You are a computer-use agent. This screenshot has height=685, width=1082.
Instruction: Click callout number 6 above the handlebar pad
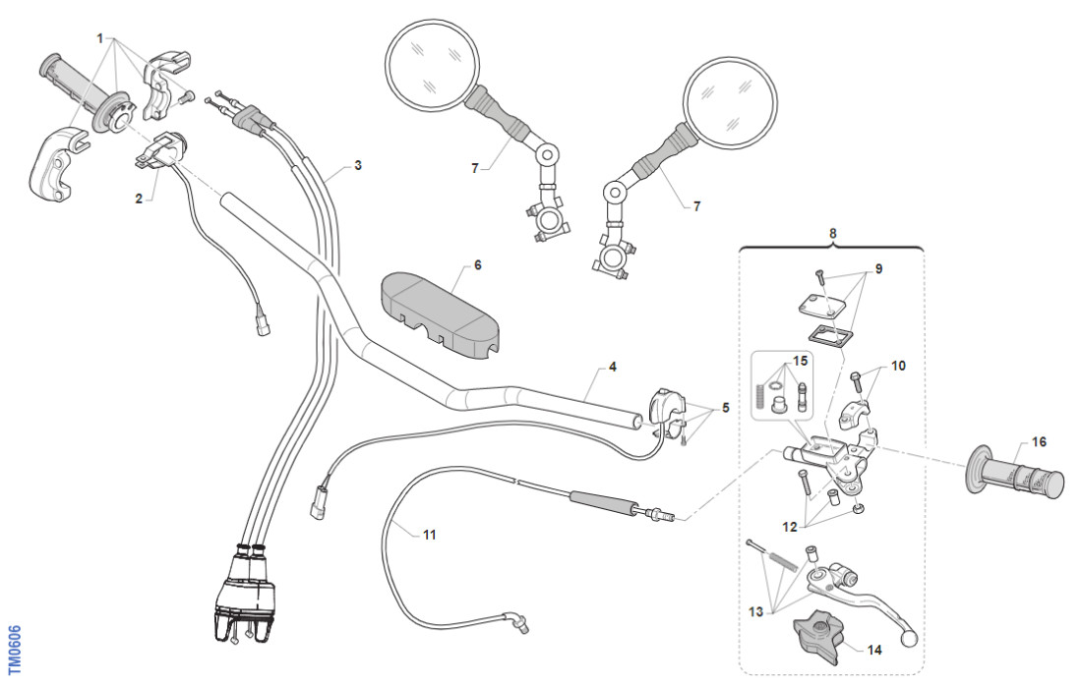tap(478, 265)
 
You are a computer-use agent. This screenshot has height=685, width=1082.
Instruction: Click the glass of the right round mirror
tap(730, 97)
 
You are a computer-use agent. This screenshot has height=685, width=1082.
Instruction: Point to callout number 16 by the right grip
tap(1039, 441)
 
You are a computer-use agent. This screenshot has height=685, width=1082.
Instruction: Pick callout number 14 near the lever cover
tap(873, 650)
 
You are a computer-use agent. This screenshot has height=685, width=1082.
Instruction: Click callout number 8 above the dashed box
tap(833, 234)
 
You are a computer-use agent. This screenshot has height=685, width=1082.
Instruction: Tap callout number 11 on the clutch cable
tap(429, 536)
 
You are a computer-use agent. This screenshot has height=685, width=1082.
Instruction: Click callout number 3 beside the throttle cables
tap(358, 165)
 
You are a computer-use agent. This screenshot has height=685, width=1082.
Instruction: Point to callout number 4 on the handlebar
tap(612, 368)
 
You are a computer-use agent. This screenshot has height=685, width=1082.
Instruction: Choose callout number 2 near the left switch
tap(140, 199)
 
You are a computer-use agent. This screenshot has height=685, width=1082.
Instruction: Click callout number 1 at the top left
tap(100, 37)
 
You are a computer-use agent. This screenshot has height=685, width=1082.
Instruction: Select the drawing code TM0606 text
tap(13, 652)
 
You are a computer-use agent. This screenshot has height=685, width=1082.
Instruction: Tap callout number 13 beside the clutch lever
tap(755, 611)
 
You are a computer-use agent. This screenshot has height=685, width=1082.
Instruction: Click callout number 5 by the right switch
tap(726, 407)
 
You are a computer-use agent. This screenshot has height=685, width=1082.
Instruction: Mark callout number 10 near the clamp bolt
tap(898, 366)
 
